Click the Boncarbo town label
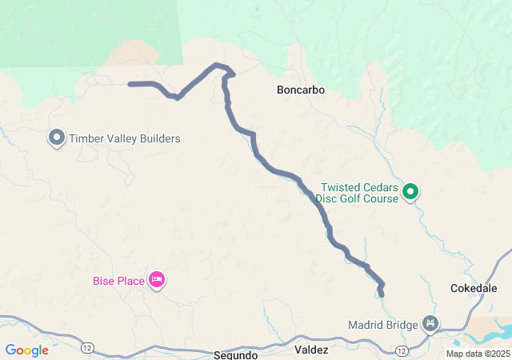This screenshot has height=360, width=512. tap(300, 90)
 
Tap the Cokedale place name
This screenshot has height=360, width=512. tap(474, 288)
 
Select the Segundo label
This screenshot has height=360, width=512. tap(236, 354)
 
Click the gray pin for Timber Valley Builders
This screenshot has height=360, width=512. tap(57, 138)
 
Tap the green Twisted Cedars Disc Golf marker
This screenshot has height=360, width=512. tap(410, 191)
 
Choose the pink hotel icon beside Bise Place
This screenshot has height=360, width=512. tap(157, 279)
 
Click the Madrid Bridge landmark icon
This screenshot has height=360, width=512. tap(430, 324)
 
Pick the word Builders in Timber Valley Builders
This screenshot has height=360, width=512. tap(158, 138)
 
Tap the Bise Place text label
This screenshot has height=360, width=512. tap(118, 280)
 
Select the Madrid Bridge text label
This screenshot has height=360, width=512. tap(382, 325)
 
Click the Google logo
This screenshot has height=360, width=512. tap(26, 350)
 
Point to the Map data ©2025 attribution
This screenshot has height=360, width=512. tap(477, 354)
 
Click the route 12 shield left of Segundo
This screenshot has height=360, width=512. tap(86, 347)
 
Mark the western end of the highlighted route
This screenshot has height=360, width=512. tap(130, 83)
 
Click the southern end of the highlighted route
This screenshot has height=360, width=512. tap(382, 295)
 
